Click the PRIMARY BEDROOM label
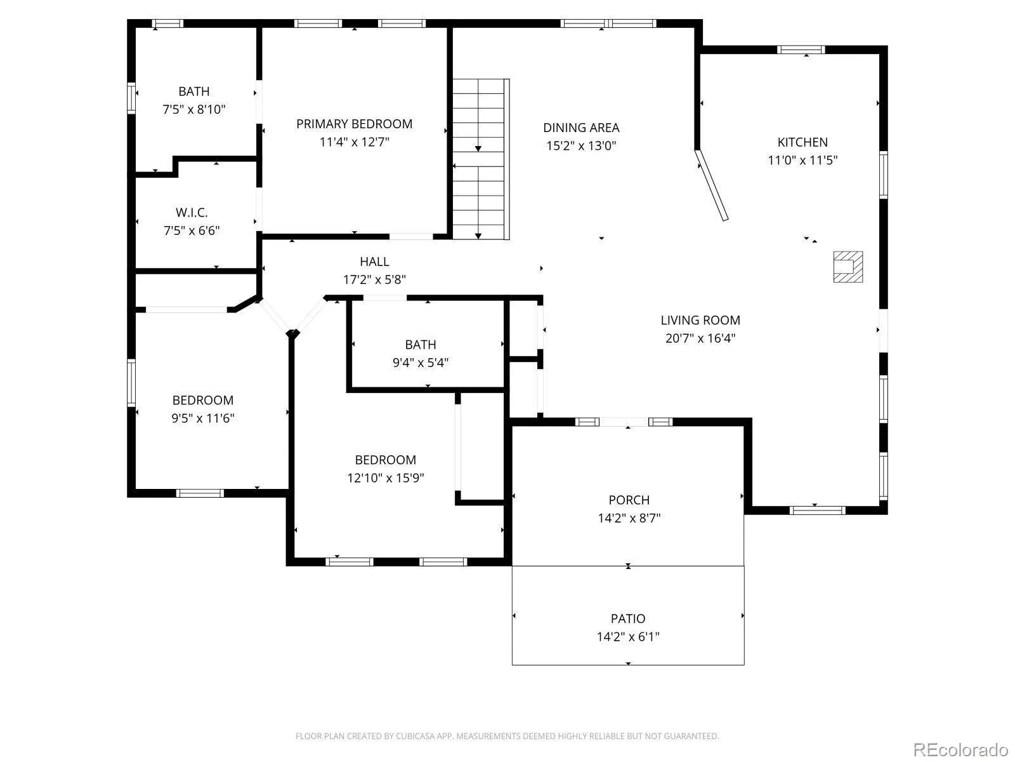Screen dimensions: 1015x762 [x=354, y=124]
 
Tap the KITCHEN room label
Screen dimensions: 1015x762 [x=802, y=142]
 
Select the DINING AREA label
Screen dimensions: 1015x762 [x=581, y=128]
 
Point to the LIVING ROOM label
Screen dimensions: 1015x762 [x=700, y=320]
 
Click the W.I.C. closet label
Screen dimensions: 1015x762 [x=192, y=213]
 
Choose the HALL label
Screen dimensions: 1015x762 [x=374, y=262]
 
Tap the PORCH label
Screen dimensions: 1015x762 [x=629, y=500]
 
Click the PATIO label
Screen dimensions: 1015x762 [x=628, y=618]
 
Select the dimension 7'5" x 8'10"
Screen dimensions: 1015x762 [x=193, y=110]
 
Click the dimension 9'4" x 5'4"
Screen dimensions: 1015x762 [x=421, y=363]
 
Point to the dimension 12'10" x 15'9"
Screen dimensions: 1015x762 [x=385, y=478]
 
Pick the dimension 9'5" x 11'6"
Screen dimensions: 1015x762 [x=202, y=418]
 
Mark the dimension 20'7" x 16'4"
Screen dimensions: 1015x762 [x=700, y=338]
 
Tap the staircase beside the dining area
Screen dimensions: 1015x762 [x=481, y=159]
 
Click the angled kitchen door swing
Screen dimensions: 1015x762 [x=712, y=185]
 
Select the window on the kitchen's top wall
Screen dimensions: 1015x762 [x=801, y=50]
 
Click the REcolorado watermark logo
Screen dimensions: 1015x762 [x=960, y=749]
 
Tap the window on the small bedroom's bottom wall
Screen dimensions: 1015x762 [x=200, y=493]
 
